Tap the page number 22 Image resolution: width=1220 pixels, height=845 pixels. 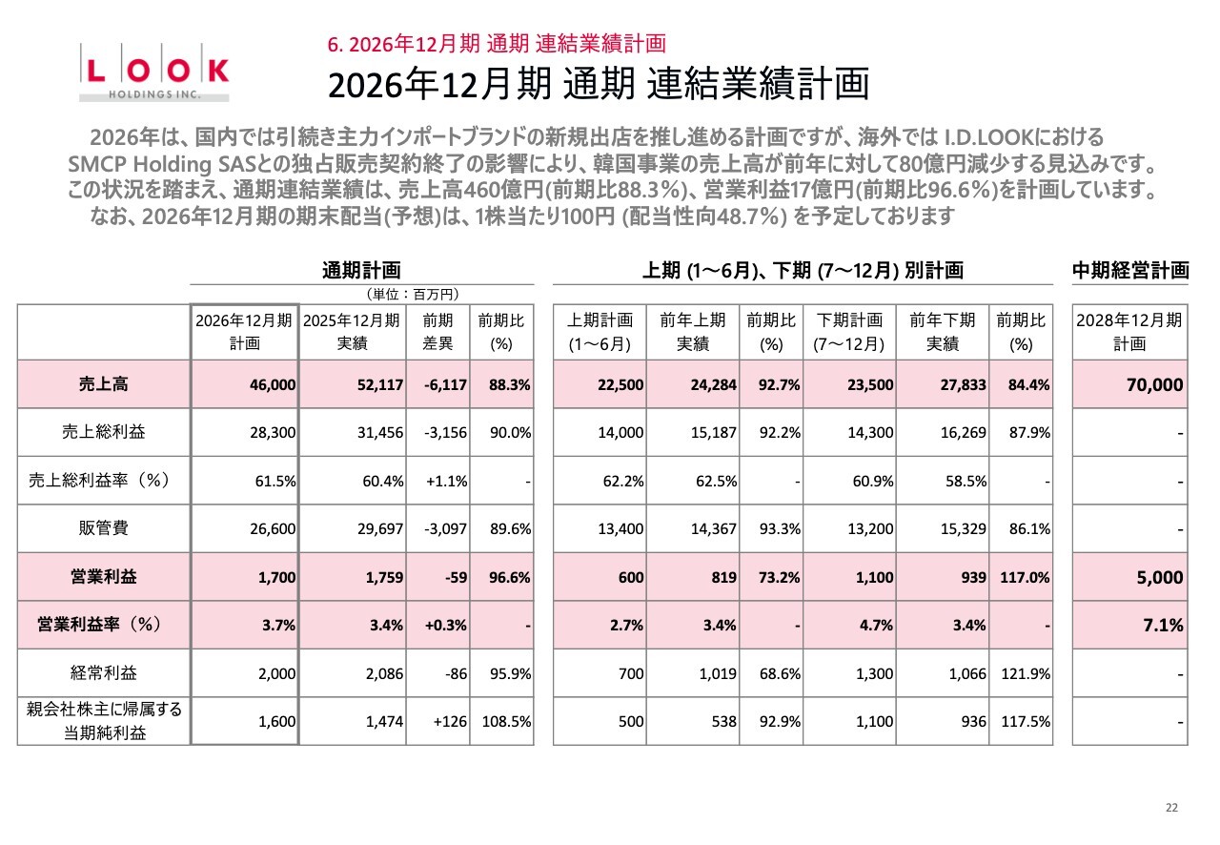[1171, 808]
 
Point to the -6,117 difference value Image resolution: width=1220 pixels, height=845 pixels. [445, 385]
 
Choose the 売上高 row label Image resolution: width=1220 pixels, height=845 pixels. [104, 384]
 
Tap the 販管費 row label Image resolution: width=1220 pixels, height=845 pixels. [104, 528]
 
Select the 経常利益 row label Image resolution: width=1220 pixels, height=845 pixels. [104, 673]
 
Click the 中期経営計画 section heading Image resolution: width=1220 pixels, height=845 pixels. [1130, 270]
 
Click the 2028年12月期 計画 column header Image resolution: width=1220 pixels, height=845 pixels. [1130, 332]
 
